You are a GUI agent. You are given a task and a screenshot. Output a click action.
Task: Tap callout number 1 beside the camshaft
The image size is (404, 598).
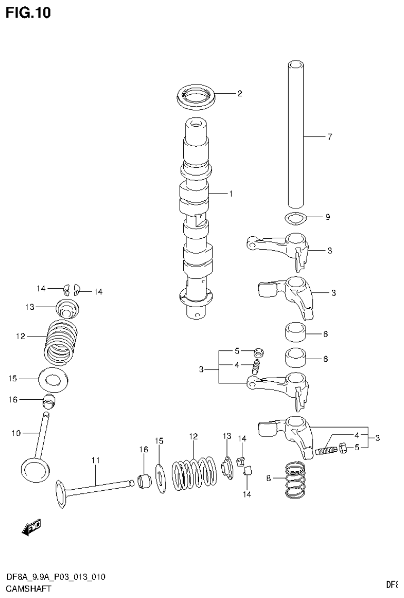(230, 194)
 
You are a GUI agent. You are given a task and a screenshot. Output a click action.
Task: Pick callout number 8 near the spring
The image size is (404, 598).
(268, 478)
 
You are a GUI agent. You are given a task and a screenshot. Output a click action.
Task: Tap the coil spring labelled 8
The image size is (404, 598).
(297, 479)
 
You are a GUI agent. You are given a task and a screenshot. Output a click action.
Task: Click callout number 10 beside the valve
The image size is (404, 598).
(15, 433)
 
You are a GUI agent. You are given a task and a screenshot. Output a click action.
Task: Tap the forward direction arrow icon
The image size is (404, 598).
(31, 528)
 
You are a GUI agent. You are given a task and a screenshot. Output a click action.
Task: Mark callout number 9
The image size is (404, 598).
(327, 217)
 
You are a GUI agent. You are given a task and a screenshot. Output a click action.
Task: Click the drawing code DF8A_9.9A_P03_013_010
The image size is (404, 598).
(55, 577)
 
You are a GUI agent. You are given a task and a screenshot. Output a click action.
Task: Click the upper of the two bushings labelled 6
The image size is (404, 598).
(296, 333)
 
